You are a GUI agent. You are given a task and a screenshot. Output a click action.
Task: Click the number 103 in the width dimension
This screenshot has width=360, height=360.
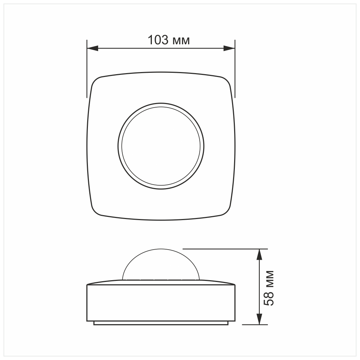(x=158, y=40)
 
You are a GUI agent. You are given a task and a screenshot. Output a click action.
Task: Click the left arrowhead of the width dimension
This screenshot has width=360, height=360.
(x=92, y=48)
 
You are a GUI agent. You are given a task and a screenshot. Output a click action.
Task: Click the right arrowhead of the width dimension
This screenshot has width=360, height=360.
(x=229, y=48)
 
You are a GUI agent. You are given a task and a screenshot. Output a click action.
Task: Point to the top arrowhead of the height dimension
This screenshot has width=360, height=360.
(x=259, y=255)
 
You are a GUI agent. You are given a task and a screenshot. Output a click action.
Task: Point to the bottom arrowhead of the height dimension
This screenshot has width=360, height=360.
(x=259, y=319)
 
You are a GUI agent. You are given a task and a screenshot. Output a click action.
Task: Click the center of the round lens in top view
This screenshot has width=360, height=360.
(x=161, y=146)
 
